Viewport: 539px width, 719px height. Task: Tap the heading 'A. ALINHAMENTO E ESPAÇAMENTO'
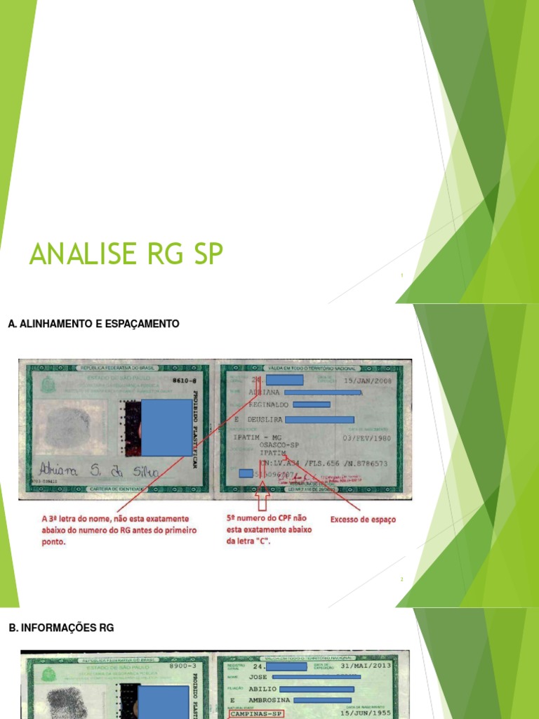93,324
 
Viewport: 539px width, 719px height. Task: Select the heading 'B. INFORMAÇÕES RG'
61,628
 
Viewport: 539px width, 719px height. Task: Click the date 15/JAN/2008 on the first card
367,380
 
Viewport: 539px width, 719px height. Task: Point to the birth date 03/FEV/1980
365,437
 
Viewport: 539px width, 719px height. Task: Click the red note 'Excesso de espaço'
363,520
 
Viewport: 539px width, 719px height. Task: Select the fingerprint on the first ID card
68,427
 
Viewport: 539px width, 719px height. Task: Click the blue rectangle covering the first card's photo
166,428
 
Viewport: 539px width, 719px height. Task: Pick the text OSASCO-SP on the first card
279,445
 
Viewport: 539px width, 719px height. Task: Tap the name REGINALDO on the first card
269,404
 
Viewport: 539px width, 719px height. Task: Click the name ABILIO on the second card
263,689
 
